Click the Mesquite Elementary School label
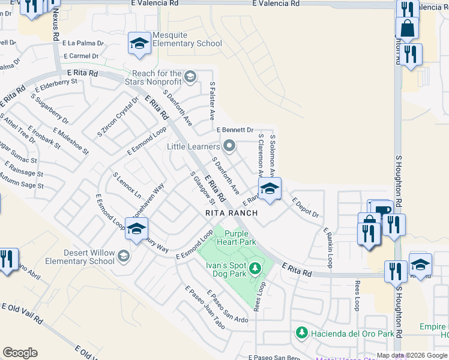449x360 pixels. point(187,39)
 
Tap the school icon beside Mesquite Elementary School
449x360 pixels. point(139,44)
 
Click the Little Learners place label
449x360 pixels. point(193,146)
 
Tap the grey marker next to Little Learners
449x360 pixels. point(229,146)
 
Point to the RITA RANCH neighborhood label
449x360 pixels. point(231,213)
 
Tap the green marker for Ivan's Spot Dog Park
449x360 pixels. point(256,268)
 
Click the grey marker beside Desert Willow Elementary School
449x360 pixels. point(123,256)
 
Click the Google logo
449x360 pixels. point(20,353)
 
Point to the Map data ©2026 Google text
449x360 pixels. point(411,355)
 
